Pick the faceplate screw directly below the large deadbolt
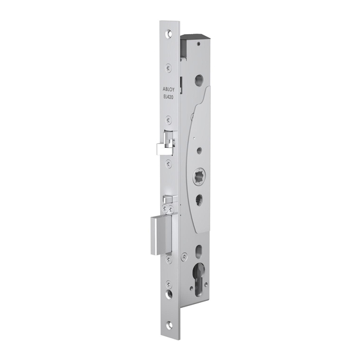168,260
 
